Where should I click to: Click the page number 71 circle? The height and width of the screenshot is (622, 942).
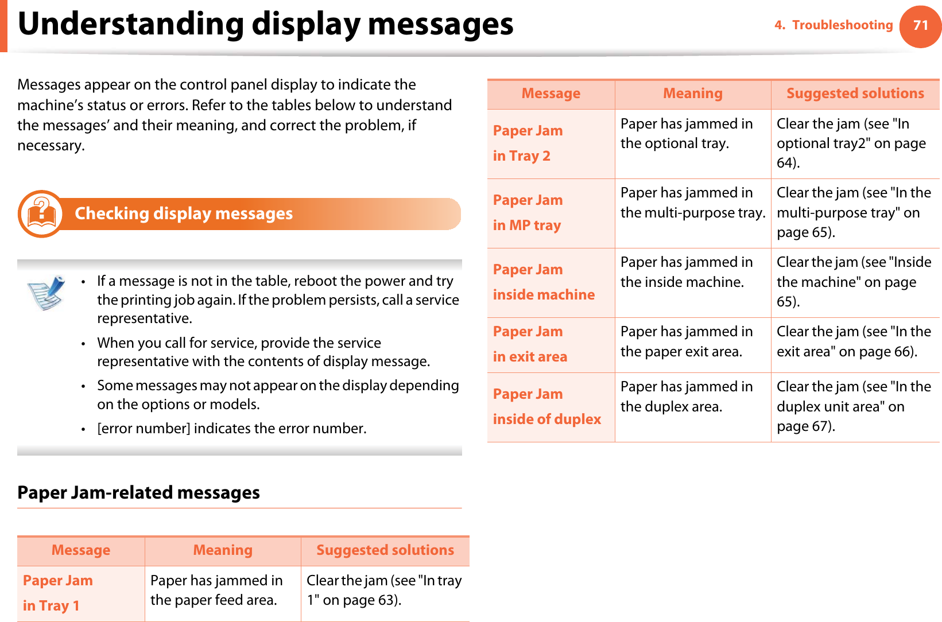[920, 26]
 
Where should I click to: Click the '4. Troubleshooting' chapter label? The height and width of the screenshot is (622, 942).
[834, 25]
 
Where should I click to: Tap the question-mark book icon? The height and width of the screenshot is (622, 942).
[41, 214]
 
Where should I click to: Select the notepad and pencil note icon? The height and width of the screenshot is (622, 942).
[46, 292]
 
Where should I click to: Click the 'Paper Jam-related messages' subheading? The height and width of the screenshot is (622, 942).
[138, 493]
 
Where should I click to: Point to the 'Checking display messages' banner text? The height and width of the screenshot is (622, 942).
[184, 213]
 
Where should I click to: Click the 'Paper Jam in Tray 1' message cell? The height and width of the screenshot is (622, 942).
[80, 593]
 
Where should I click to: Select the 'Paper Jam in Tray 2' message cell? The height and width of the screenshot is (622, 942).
[551, 143]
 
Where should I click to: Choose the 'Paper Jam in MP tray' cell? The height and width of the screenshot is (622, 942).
[551, 213]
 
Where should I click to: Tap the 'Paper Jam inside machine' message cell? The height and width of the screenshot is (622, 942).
[551, 282]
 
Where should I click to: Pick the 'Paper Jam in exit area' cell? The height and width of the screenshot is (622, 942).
[551, 344]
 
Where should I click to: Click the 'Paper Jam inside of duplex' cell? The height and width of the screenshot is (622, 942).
[551, 407]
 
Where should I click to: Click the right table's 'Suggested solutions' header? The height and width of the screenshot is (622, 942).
[855, 94]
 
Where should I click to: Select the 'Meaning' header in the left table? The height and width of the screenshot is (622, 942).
[223, 550]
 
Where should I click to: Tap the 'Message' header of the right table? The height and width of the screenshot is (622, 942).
[551, 94]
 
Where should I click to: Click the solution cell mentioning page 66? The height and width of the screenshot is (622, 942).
[854, 341]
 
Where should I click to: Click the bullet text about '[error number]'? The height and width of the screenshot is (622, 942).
[231, 429]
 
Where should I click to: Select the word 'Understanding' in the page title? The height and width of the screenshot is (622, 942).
[131, 24]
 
